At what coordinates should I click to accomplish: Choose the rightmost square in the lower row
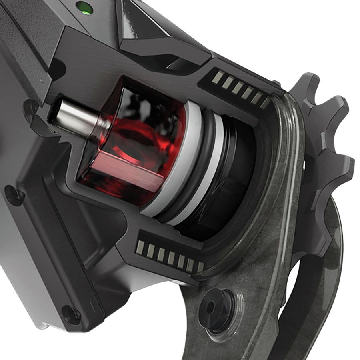199,267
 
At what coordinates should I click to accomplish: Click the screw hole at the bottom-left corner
72,314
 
